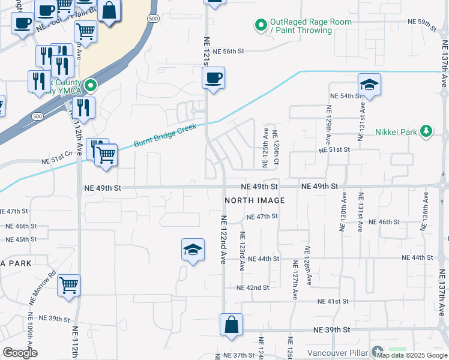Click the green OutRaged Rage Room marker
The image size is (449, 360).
(x=261, y=25)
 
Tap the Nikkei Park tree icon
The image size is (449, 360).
(x=426, y=131)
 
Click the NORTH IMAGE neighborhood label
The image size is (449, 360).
(x=254, y=200)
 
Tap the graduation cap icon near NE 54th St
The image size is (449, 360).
(x=369, y=85)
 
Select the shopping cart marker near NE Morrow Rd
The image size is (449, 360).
(x=69, y=285)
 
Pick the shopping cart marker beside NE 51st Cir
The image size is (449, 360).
(x=106, y=155)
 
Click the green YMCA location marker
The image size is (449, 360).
(x=90, y=86)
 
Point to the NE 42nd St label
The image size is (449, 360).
(x=253, y=287)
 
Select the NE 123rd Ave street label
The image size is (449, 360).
(x=243, y=251)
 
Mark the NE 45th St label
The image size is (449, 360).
(x=22, y=239)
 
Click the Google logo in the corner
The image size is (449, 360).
(x=20, y=353)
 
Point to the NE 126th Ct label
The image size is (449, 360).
(x=276, y=149)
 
